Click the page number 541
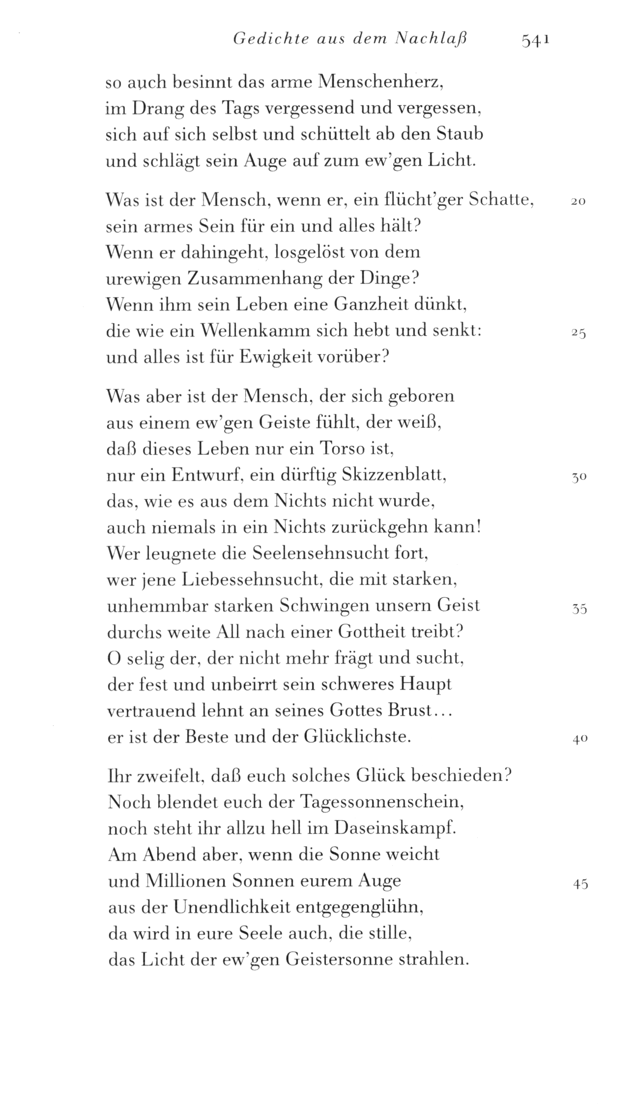535,40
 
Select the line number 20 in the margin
578,202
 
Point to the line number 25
578,333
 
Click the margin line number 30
579,478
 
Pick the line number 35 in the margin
580,609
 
